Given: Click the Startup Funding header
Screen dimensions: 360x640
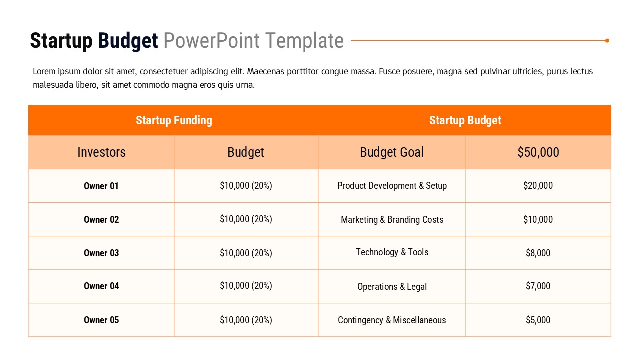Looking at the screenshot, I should pos(174,120).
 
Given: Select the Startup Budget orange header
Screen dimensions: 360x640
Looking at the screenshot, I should pos(465,120).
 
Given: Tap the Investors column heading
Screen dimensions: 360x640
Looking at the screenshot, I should pos(101,152).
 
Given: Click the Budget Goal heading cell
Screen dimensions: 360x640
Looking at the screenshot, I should pos(392,152).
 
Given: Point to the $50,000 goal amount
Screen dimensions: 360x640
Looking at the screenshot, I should pos(538,152).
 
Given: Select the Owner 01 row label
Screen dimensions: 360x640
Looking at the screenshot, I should pos(101,186).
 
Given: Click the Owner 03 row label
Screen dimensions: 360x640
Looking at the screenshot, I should pos(101,253).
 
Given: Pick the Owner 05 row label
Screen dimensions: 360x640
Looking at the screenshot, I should pos(101,320).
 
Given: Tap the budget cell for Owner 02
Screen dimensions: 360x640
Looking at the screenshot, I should pos(246,219).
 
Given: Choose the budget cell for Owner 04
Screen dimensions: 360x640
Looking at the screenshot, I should pos(246,286).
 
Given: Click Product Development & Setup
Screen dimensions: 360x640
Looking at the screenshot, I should pos(392,186).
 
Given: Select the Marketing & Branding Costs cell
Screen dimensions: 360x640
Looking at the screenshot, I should pos(392,220).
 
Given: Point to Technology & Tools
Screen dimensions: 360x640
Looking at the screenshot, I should pos(392,252).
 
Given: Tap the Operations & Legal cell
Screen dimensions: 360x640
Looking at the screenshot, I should pos(392,287).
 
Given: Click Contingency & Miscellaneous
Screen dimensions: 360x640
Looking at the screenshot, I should pos(392,320).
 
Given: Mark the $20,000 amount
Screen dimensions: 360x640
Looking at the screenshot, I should pos(538,186).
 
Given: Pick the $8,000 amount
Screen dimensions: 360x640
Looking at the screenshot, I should pos(538,253).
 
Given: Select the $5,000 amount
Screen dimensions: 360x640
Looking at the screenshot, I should pos(538,320).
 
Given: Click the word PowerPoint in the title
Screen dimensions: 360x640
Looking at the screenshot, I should pos(211,41).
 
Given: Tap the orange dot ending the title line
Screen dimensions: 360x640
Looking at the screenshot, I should pos(607,41).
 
